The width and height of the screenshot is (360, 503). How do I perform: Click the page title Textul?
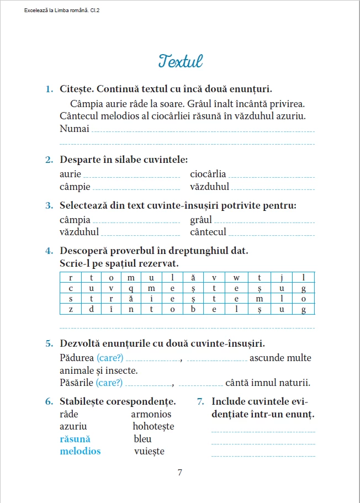pos(180,60)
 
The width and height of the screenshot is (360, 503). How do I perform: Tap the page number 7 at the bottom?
pos(179,473)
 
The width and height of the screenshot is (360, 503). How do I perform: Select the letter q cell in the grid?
pos(131,288)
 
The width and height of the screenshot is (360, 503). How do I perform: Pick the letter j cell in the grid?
pos(281,277)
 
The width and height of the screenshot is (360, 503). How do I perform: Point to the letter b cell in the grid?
pos(193,309)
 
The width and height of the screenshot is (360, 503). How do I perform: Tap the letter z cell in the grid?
pos(71,309)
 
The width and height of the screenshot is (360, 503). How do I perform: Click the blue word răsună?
pos(75,439)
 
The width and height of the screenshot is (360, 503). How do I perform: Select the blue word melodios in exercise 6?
pos(80,451)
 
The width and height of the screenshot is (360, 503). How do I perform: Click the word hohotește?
pos(153,426)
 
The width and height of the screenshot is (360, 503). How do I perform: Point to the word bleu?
pos(142,439)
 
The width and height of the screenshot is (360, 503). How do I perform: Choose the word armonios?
pos(151,414)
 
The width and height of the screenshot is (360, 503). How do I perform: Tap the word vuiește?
pos(149,451)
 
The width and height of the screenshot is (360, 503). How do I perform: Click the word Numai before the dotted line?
pos(74,129)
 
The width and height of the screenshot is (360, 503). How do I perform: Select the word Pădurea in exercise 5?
pos(77,358)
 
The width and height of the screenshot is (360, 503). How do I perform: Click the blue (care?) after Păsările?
pos(109,383)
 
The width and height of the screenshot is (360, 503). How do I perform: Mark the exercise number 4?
pos(49,251)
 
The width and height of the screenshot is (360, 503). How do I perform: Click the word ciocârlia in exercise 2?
pos(208,174)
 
